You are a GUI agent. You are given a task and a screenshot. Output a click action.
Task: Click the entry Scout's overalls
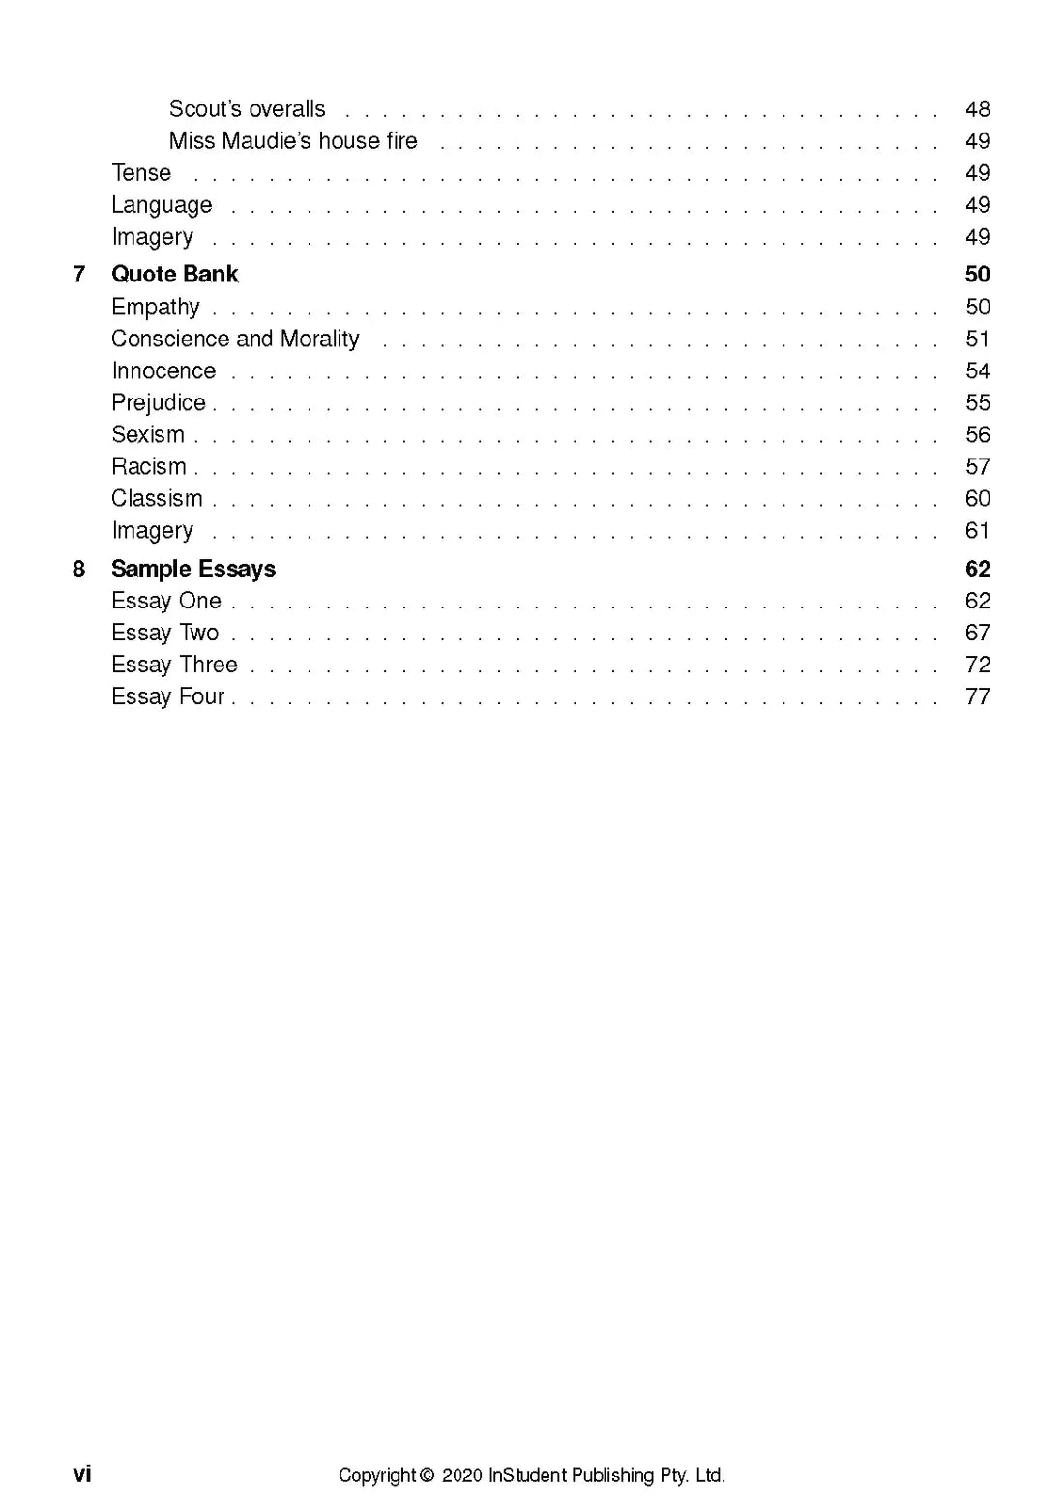point(247,109)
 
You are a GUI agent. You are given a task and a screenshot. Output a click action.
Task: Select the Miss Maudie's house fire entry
point(293,141)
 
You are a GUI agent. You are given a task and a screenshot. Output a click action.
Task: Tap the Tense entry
point(141,173)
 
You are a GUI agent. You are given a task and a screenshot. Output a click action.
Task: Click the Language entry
point(162,205)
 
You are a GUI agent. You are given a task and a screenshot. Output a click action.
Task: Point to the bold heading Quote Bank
point(174,275)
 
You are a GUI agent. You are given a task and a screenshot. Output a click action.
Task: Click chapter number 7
point(79,275)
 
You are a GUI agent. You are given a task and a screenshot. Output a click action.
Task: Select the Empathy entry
point(156,308)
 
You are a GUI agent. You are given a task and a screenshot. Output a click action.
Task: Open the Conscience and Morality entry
point(235,340)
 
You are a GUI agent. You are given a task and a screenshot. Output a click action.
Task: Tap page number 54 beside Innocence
point(977,371)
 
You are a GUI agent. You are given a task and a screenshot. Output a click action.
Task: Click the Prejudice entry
point(159,403)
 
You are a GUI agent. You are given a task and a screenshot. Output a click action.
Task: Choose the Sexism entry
point(148,435)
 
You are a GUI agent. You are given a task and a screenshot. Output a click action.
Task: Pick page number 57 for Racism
point(977,467)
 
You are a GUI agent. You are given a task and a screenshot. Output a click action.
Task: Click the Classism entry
point(157,499)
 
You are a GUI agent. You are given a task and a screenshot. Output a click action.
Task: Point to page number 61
point(977,531)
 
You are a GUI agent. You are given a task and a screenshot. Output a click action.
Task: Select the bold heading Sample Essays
point(193,569)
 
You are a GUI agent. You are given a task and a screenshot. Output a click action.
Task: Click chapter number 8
point(79,569)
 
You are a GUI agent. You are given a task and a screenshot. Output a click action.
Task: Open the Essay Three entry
point(174,665)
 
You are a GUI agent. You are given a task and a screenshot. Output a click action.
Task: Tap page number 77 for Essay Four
point(977,696)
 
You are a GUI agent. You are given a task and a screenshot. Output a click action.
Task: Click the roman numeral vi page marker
point(82,1473)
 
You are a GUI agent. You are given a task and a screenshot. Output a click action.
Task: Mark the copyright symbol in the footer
point(428,1475)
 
